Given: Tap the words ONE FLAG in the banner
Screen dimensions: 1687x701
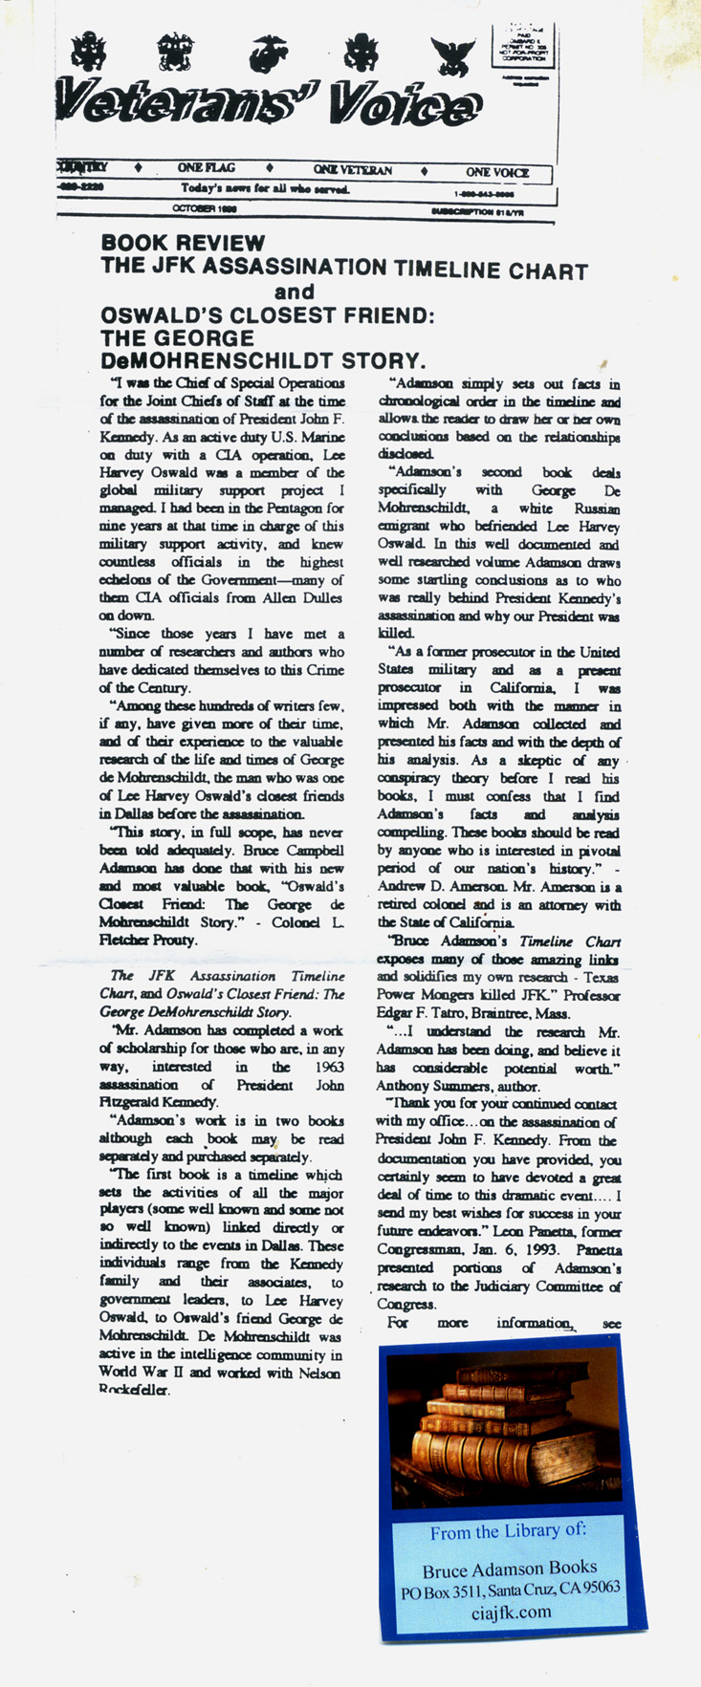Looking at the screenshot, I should (206, 168).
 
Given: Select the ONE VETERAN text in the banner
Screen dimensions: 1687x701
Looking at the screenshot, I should (352, 170).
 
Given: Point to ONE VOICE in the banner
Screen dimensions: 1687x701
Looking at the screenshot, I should (497, 172).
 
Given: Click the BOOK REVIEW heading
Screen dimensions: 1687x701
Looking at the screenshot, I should (183, 244).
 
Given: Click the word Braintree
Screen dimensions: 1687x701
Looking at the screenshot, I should (515, 1013).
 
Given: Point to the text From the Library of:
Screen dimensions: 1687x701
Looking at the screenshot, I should (507, 1531).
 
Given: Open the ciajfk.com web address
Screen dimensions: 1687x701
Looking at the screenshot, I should (512, 1611).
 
